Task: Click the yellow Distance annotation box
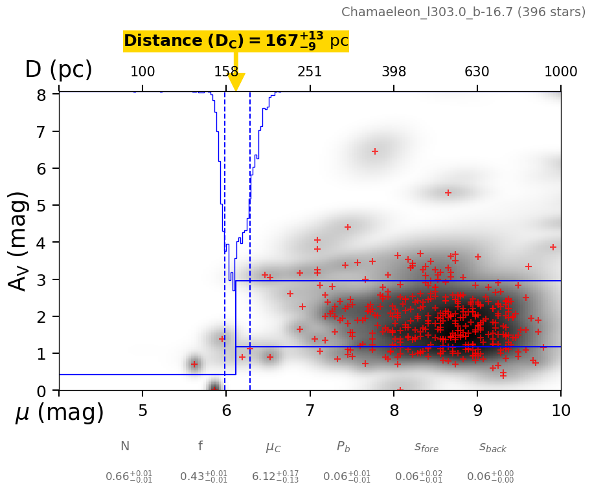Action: click(236, 41)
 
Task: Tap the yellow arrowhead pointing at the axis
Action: click(236, 82)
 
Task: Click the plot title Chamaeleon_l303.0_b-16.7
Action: click(465, 12)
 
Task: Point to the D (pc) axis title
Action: click(58, 70)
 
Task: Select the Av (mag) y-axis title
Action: click(19, 241)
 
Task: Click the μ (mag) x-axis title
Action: click(60, 413)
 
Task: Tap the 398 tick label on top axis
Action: click(394, 72)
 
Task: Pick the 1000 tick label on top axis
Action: click(560, 72)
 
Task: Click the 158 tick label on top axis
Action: click(226, 72)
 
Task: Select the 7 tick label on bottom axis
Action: click(310, 411)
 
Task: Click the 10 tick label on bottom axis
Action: click(560, 411)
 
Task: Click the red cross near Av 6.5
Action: click(374, 151)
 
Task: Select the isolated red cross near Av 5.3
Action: click(448, 193)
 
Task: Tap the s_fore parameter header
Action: click(426, 447)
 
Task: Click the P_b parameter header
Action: click(343, 447)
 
